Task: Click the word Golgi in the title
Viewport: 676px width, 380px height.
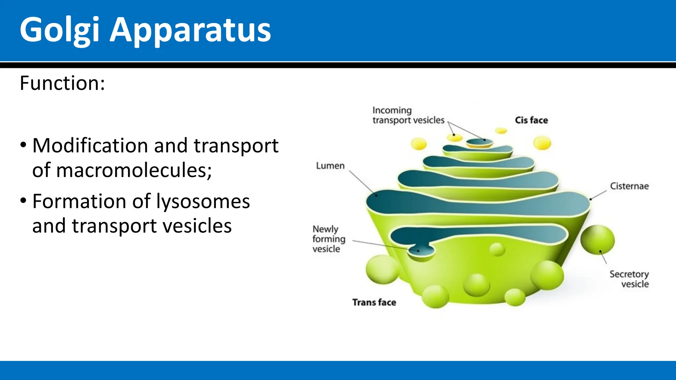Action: (59, 30)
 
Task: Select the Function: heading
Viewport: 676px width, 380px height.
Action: (62, 83)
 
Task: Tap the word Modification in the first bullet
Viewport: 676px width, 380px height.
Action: (90, 145)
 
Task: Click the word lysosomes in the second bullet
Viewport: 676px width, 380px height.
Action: (203, 201)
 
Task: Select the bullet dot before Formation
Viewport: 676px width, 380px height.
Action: (23, 201)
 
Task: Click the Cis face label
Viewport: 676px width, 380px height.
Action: (531, 120)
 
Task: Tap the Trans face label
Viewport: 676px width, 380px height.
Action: (374, 302)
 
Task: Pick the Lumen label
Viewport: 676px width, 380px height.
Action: (330, 166)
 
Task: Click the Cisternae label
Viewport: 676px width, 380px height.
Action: (629, 186)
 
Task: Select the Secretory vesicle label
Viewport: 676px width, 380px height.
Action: (629, 279)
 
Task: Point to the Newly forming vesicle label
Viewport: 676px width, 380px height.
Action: (328, 239)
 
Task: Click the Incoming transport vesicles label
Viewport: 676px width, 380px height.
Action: (408, 115)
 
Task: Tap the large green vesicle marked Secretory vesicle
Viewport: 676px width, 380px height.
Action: (597, 240)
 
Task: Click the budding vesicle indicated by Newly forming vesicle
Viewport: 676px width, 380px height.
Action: (421, 252)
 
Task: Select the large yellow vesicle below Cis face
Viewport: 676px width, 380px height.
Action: (542, 143)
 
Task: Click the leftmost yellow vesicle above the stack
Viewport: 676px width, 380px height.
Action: (419, 144)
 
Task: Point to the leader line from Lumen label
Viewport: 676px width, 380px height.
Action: (361, 182)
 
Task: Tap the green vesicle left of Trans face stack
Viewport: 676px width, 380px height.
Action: (382, 269)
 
